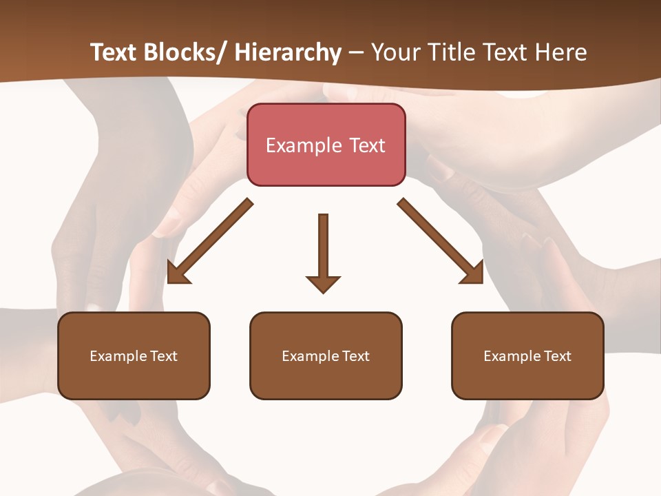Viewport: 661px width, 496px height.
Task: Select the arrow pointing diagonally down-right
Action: pyautogui.click(x=441, y=242)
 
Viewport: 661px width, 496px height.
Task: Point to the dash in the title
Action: pyautogui.click(x=356, y=52)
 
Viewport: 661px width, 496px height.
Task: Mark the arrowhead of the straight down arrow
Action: pyautogui.click(x=323, y=283)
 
